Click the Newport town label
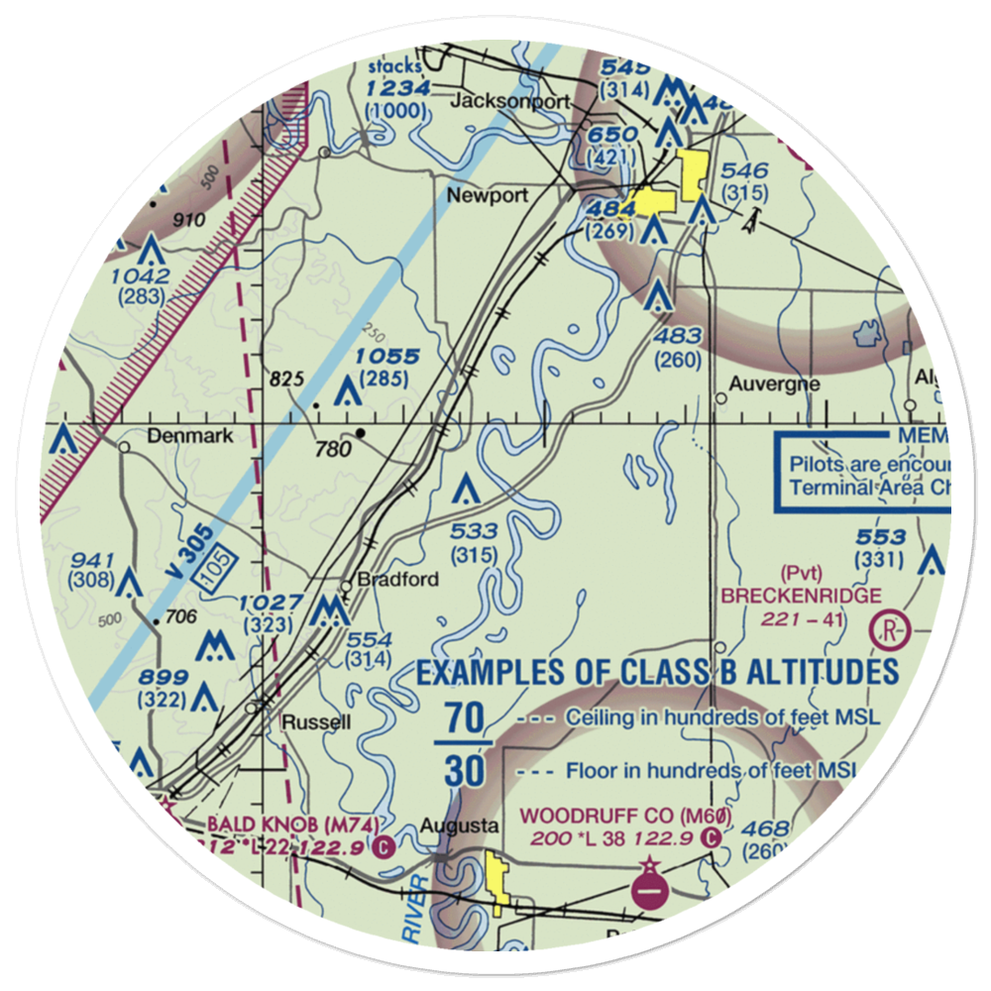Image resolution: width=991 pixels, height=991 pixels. [487, 195]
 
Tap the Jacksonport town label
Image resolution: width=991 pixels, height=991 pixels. [510, 101]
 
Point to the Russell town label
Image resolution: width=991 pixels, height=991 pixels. [316, 721]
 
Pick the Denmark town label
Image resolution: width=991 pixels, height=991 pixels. [189, 436]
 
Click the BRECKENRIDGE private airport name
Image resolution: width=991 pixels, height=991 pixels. [801, 596]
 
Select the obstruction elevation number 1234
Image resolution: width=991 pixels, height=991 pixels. [396, 89]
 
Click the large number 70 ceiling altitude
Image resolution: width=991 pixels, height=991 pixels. [463, 716]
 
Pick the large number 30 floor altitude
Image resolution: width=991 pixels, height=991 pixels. [463, 769]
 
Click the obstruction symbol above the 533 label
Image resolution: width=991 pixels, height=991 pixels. [467, 490]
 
